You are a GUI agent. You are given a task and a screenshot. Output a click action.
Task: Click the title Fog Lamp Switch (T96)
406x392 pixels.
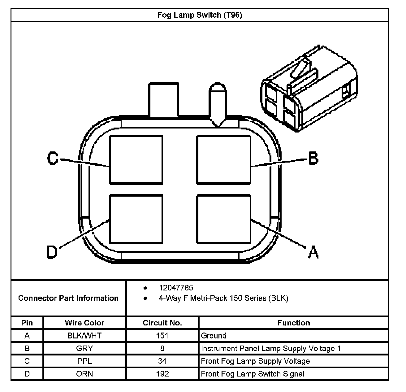click(200, 15)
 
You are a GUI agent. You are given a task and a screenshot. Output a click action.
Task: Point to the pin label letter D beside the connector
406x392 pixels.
click(52, 252)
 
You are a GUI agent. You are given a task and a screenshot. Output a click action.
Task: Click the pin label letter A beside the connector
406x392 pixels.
click(313, 252)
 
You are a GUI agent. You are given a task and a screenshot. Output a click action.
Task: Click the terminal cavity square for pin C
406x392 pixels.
click(136, 159)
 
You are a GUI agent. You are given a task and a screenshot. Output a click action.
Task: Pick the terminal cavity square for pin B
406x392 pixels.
click(223, 159)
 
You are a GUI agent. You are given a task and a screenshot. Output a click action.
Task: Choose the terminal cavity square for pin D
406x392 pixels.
click(136, 219)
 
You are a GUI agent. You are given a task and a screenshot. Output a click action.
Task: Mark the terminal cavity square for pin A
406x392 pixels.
click(223, 219)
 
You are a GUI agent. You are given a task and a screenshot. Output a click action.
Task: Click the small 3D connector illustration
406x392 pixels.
click(309, 90)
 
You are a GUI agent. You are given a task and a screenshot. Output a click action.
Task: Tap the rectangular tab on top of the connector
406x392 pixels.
click(164, 100)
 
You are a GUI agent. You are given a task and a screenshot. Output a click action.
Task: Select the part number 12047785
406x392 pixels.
click(176, 288)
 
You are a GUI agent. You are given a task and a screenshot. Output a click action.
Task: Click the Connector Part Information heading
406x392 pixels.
click(68, 298)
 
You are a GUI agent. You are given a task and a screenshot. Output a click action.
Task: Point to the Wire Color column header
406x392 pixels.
click(84, 323)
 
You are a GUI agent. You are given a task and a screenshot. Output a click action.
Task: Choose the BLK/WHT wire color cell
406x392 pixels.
click(84, 336)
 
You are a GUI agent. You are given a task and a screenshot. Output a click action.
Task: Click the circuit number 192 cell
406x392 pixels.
click(162, 374)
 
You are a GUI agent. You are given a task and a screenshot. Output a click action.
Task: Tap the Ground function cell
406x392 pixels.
click(214, 336)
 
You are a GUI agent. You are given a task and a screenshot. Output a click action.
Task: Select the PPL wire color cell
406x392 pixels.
click(84, 361)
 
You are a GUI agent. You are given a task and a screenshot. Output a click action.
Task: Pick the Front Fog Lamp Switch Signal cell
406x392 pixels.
click(253, 374)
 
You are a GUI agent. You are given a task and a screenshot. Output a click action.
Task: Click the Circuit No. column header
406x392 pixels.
click(162, 323)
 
